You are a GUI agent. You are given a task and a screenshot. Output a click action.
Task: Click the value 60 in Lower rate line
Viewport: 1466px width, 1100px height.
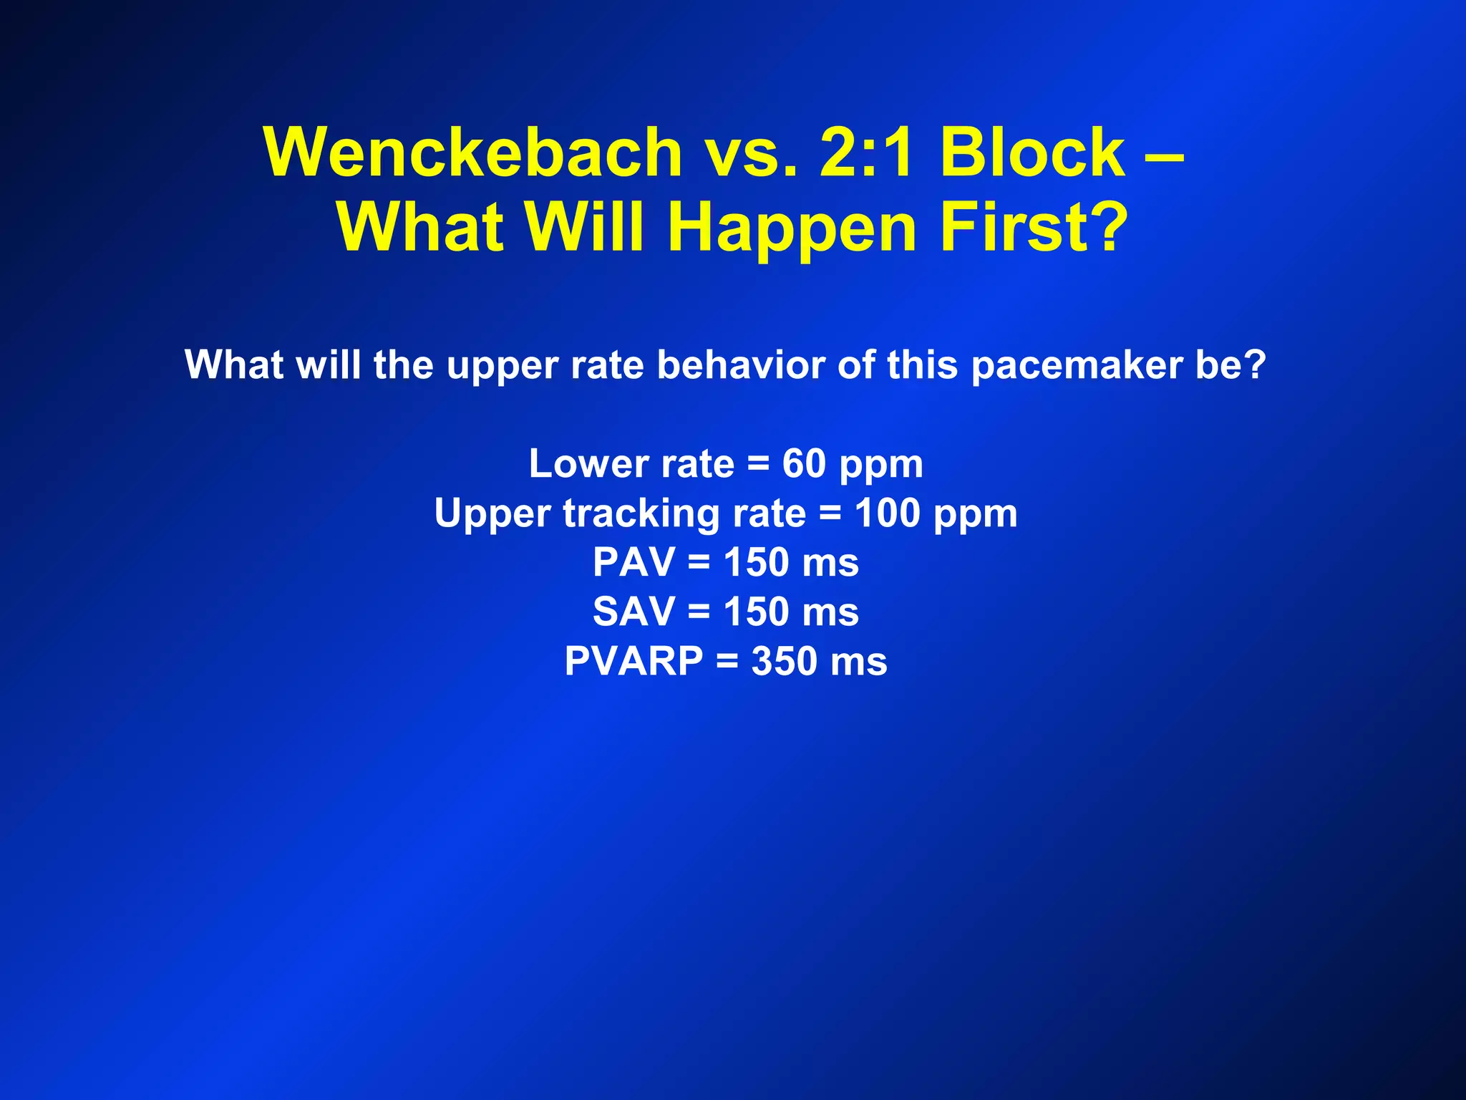[x=804, y=464]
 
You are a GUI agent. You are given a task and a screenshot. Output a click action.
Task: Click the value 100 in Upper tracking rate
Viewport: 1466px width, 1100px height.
[x=887, y=513]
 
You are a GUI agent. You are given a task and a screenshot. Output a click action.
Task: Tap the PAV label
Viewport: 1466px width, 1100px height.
[x=633, y=563]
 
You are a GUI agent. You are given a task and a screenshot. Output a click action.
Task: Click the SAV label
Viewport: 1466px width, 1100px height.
[x=634, y=612]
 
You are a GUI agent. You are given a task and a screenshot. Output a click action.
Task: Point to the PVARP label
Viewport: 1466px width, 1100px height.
[x=634, y=661]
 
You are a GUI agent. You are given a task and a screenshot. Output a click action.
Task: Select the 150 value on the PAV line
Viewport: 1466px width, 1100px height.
[x=755, y=563]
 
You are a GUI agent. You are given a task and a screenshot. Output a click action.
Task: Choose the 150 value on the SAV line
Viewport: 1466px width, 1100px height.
[x=755, y=612]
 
